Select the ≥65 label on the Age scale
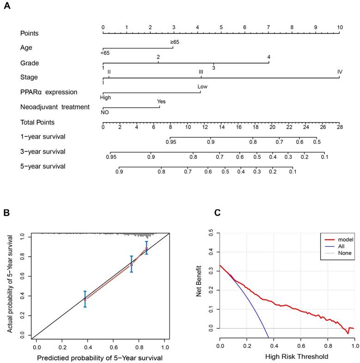(174, 42)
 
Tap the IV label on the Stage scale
(340, 72)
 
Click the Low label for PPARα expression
(202, 86)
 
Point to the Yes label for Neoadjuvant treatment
(161, 101)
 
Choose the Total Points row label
(37, 122)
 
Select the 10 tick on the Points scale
(340, 27)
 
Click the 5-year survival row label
(43, 166)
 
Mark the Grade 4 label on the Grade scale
(268, 57)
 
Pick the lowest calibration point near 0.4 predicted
(85, 299)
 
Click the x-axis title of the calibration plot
(99, 357)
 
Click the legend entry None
(345, 253)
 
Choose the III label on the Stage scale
(201, 72)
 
